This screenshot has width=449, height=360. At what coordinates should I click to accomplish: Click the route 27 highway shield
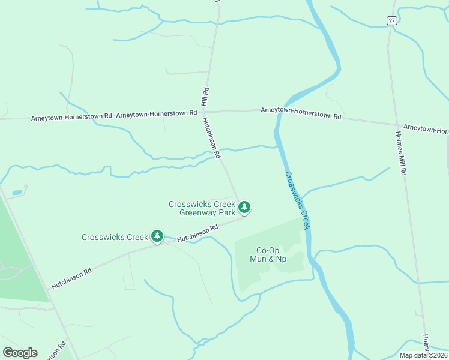pyautogui.click(x=391, y=20)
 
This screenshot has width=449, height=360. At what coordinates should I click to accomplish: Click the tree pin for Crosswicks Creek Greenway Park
pyautogui.click(x=244, y=208)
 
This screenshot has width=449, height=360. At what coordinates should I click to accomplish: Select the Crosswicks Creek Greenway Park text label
pyautogui.click(x=202, y=208)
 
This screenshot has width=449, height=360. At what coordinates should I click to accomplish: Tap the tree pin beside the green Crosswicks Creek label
pyautogui.click(x=157, y=236)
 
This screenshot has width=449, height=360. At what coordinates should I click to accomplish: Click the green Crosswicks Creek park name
pyautogui.click(x=115, y=237)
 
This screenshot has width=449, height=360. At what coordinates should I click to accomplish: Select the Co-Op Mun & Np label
pyautogui.click(x=270, y=254)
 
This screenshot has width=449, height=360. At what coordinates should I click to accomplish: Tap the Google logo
pyautogui.click(x=20, y=353)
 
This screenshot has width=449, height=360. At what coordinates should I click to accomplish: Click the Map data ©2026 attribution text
pyautogui.click(x=424, y=355)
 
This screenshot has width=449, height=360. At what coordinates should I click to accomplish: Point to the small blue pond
pyautogui.click(x=17, y=193)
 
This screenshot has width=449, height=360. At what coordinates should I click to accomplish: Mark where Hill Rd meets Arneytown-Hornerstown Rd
pyautogui.click(x=206, y=112)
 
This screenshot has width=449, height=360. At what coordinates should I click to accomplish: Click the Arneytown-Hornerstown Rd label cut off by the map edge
pyautogui.click(x=426, y=128)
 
